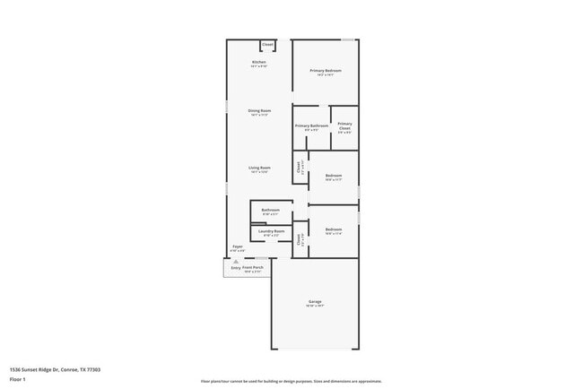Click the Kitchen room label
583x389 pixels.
[258, 62]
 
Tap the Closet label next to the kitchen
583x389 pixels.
[267, 44]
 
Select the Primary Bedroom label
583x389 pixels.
[326, 70]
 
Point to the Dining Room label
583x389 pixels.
[259, 110]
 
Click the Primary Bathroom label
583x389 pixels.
[311, 125]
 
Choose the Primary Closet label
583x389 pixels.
[344, 125]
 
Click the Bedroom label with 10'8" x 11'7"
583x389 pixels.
[334, 176]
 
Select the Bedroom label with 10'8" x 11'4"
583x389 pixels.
[334, 229]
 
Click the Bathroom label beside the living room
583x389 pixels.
[270, 210]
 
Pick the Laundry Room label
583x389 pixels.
[271, 231]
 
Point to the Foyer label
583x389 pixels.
[238, 246]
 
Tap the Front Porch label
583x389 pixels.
[252, 267]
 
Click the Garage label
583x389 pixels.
[315, 301]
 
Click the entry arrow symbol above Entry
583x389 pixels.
[236, 262]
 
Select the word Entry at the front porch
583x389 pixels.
[236, 267]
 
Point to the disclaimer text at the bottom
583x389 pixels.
[291, 381]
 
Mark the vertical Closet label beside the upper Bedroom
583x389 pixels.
[299, 166]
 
